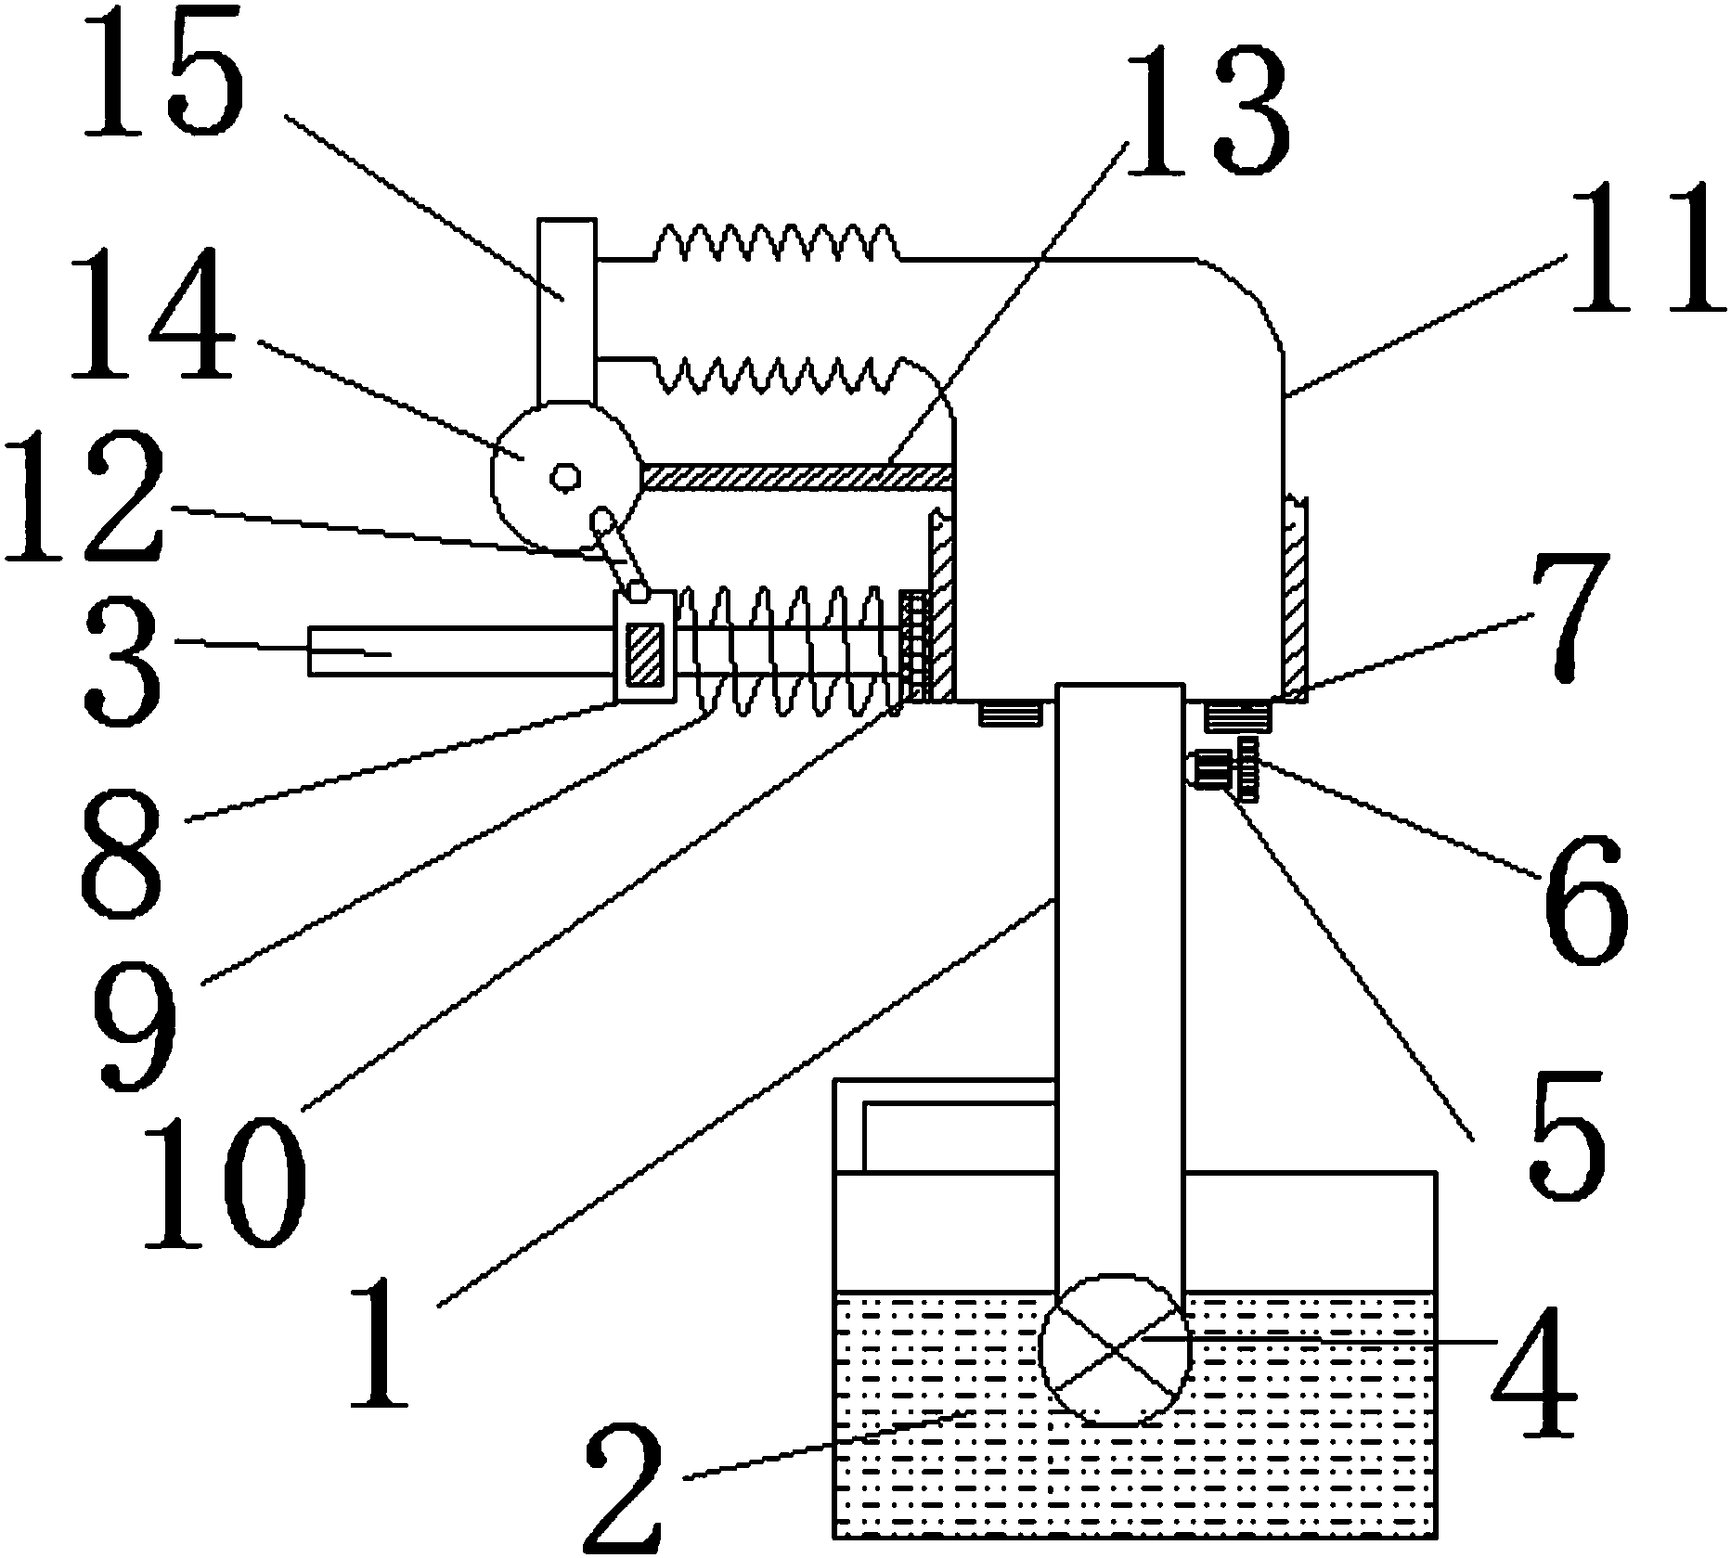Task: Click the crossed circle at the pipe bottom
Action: click(x=1114, y=1347)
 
